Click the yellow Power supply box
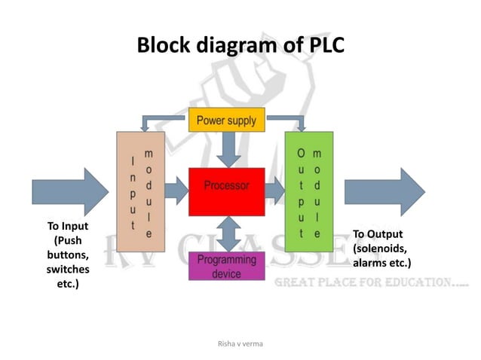coord(226,121)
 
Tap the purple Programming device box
coord(226,266)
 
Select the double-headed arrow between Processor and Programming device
coord(226,233)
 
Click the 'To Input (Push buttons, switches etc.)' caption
coord(68,255)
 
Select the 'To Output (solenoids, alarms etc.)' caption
coord(381,249)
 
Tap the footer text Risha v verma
coord(240,343)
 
